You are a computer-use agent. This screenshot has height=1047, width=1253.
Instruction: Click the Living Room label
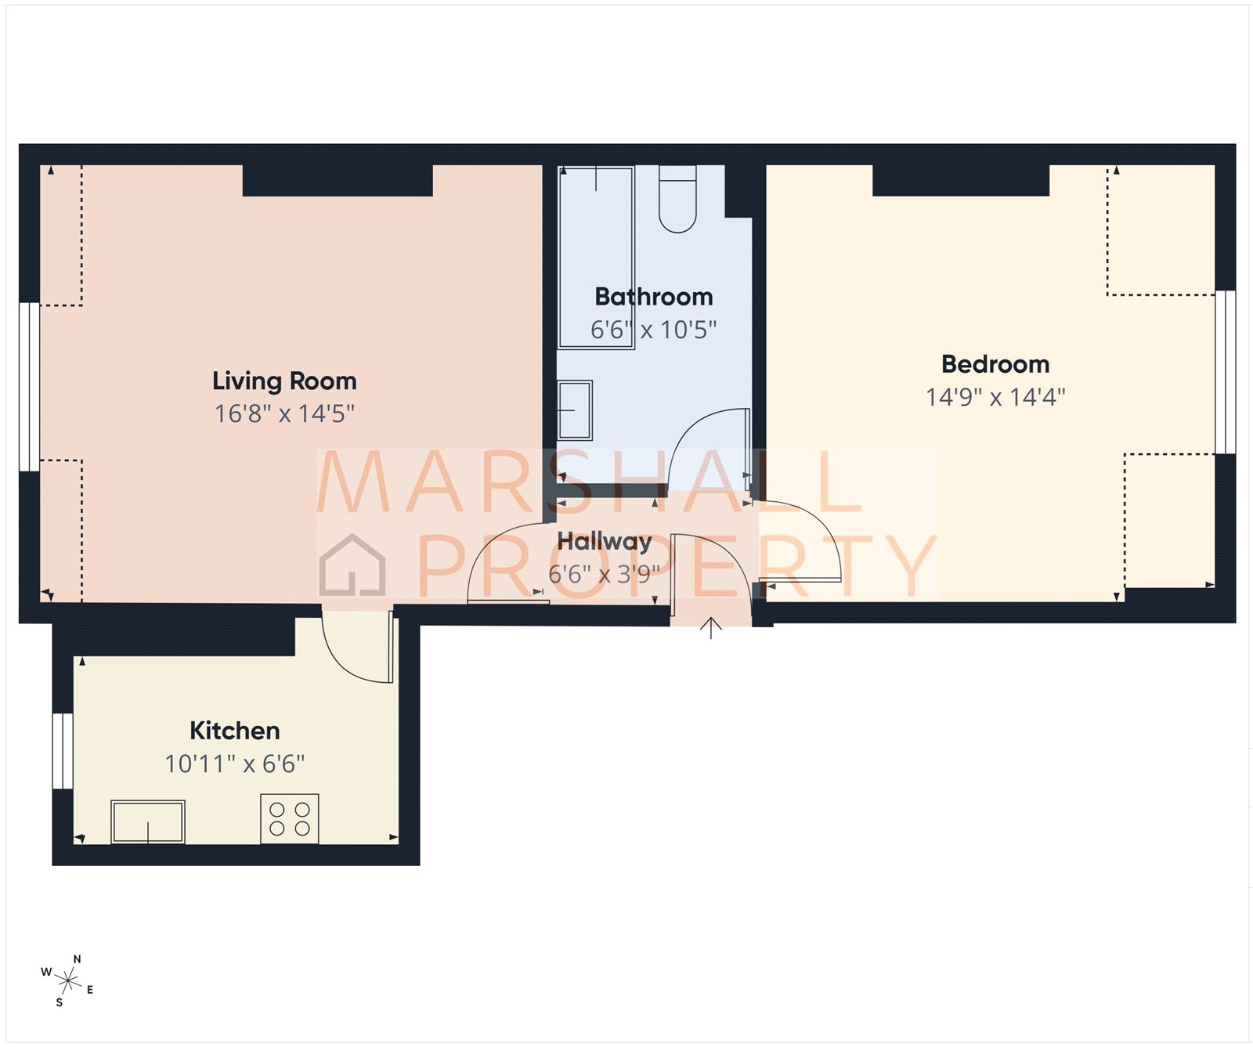click(284, 381)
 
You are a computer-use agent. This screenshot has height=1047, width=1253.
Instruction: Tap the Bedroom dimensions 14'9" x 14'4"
click(995, 397)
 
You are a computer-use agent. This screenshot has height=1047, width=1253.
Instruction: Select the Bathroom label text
click(654, 297)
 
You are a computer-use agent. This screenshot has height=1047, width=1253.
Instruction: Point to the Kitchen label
click(235, 731)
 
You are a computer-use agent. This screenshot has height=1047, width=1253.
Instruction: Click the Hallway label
click(604, 541)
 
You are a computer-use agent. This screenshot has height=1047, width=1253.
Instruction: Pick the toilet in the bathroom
click(677, 200)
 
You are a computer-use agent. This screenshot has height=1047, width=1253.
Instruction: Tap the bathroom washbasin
click(575, 410)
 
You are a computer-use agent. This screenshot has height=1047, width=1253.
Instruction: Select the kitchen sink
click(148, 821)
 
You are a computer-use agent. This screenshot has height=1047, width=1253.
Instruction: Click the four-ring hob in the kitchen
click(290, 819)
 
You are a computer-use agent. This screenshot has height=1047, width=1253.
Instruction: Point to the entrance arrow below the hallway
click(710, 627)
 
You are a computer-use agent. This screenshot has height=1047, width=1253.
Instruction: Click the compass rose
click(68, 980)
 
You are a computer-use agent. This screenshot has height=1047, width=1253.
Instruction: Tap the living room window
click(29, 387)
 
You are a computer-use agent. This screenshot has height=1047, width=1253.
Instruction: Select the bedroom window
click(1226, 372)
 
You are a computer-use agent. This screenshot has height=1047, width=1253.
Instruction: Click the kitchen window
click(63, 750)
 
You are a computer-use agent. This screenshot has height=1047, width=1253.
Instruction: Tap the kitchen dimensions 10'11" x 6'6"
click(235, 764)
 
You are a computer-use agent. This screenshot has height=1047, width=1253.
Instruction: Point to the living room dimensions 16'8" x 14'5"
click(284, 413)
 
